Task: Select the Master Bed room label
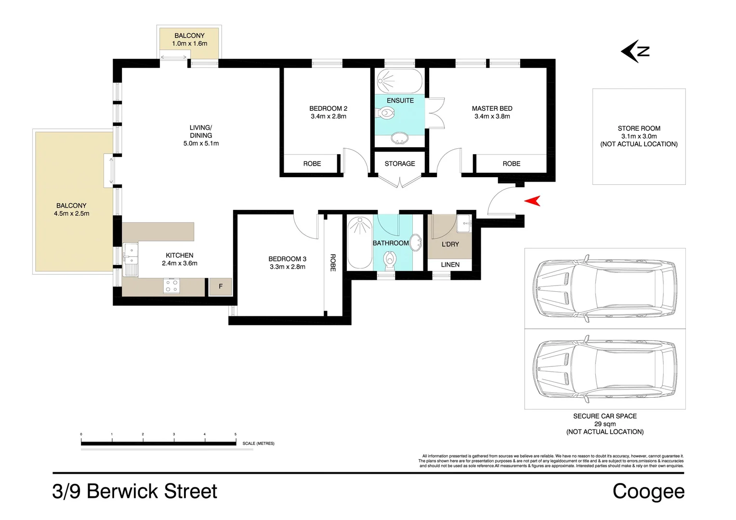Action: tap(492, 108)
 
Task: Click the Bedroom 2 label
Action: tap(328, 108)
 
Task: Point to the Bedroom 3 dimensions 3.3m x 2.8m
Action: tap(287, 267)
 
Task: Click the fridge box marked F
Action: tap(221, 286)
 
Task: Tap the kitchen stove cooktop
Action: tap(172, 286)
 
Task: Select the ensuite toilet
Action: tap(386, 114)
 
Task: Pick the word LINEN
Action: tap(450, 264)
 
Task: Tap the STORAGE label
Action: tap(399, 164)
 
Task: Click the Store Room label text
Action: tap(639, 129)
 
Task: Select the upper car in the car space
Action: tap(605, 288)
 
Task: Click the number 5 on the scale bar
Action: tap(236, 434)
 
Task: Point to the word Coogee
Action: tap(648, 492)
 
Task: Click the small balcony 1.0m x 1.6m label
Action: tap(189, 39)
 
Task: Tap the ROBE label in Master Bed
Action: tap(511, 164)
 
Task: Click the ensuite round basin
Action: tap(400, 139)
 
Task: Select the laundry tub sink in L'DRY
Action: tap(463, 222)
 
